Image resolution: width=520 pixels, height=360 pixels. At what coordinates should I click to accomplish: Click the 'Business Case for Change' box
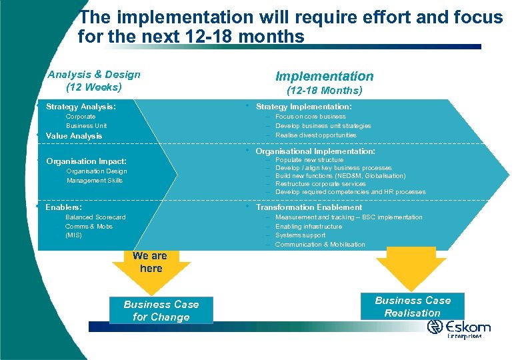point(161,311)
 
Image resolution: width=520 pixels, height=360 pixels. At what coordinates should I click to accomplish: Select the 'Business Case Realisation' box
point(413,307)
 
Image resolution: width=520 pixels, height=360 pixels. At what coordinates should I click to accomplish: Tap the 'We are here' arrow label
point(150,262)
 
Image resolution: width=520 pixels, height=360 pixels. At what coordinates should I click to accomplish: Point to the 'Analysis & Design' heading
point(94,75)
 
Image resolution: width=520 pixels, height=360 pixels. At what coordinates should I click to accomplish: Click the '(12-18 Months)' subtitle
point(324,90)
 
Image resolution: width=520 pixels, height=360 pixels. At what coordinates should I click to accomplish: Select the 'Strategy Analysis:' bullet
point(80,107)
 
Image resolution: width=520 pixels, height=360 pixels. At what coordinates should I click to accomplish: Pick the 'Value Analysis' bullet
point(73,136)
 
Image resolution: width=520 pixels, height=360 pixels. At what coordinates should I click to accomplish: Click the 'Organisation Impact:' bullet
point(86,161)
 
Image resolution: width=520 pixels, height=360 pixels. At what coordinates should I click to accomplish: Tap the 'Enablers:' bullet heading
point(64,207)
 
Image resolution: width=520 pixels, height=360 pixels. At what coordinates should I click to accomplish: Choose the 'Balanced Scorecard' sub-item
point(95,217)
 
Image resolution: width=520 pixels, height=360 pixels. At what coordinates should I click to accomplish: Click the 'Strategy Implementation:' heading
point(303,107)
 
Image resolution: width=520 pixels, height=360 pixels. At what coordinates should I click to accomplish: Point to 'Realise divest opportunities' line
point(316,135)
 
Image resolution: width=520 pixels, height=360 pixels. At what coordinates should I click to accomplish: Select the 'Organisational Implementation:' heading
point(315,151)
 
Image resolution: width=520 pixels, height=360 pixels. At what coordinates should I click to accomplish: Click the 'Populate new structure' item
point(309,160)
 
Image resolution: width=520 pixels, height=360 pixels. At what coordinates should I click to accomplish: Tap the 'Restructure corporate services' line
point(321,184)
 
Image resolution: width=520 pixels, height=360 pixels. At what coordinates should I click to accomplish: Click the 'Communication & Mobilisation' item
point(320,245)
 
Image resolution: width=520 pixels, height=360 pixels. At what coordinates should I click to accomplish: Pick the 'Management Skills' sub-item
point(95,181)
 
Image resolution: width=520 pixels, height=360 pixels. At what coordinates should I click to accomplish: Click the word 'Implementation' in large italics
point(324,76)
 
